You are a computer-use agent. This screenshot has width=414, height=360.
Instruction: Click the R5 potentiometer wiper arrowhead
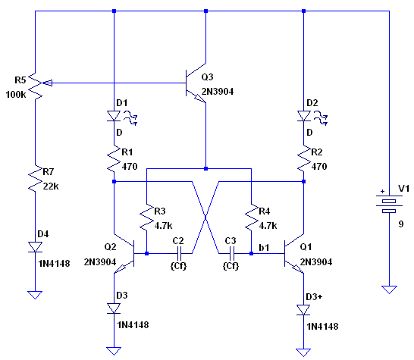[48, 83]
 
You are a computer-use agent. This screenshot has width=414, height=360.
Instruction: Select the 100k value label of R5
[16, 95]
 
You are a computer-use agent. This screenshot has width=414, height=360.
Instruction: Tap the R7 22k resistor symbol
[35, 178]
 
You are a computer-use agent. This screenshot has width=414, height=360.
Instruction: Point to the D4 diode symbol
[35, 247]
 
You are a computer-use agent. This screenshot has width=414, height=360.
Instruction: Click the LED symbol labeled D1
[114, 116]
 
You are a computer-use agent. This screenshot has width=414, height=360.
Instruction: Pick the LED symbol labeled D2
[303, 116]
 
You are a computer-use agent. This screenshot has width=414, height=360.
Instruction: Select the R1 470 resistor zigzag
[114, 158]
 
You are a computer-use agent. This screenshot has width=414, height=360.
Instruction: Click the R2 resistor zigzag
[303, 158]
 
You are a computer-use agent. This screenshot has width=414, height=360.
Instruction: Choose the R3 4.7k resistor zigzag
[147, 218]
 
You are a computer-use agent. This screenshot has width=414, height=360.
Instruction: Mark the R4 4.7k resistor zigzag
[252, 218]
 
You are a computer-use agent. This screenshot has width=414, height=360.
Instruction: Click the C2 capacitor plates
[179, 254]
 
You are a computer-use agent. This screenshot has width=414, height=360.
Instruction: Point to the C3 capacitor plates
[232, 254]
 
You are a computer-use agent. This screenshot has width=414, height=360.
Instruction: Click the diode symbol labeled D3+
[303, 310]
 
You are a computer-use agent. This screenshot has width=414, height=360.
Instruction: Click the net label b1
[264, 248]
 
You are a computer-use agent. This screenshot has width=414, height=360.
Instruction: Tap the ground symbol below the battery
[389, 290]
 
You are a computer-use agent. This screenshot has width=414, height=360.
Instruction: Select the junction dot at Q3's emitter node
[206, 168]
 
